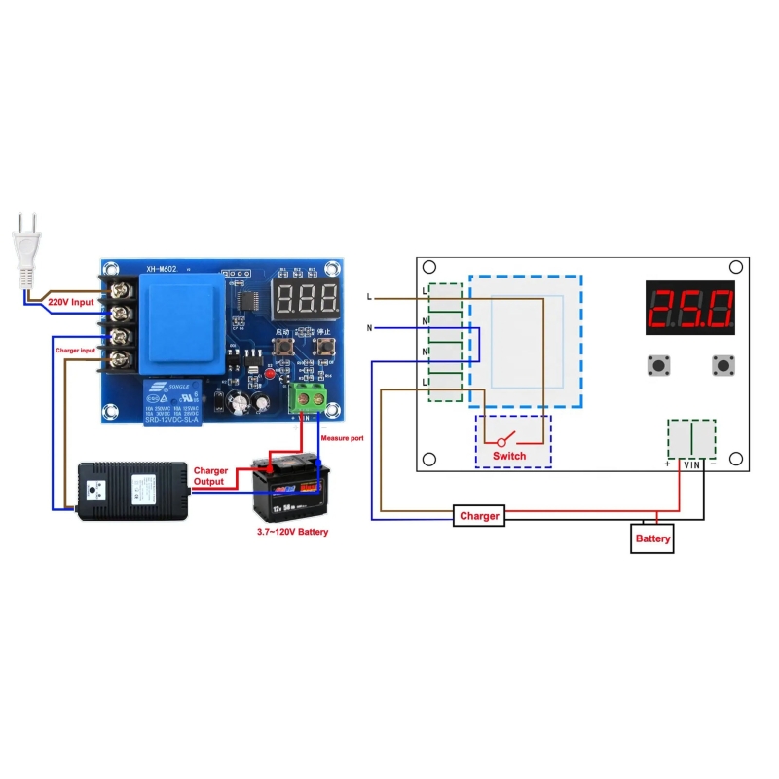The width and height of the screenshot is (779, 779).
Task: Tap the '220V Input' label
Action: pos(72,303)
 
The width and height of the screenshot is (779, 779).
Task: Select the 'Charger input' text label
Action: pos(74,348)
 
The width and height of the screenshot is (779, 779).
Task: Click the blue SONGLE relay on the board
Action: pos(171,402)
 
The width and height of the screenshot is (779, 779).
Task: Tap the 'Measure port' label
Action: pos(342,439)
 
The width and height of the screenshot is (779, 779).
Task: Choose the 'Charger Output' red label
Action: pos(210,476)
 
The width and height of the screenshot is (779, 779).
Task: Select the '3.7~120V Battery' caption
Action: pos(292,533)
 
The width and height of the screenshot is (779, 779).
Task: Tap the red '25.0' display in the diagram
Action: pos(690,310)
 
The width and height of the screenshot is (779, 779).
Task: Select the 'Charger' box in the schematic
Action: pos(479,516)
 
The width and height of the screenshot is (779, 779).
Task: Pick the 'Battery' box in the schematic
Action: pos(652,538)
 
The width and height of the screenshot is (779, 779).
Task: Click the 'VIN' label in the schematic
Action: pos(691,465)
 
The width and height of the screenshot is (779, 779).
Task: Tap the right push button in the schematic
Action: pos(723,365)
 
